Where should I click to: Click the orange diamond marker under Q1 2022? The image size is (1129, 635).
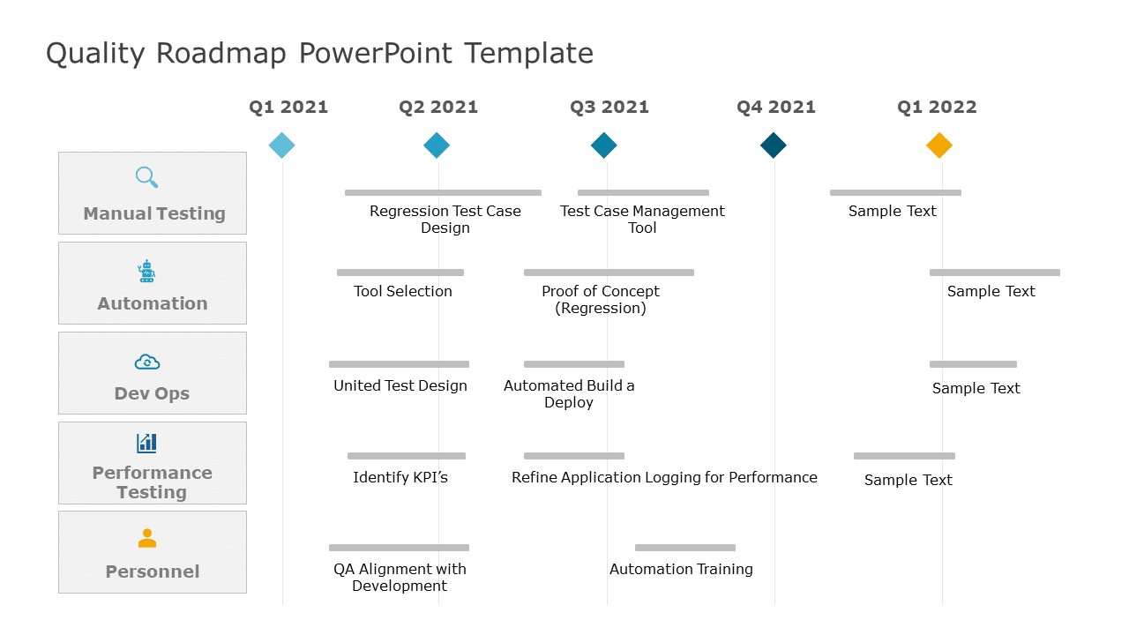(939, 146)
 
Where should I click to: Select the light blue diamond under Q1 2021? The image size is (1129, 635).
(281, 146)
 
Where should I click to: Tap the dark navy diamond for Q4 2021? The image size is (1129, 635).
(774, 146)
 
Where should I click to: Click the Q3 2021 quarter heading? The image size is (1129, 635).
(609, 108)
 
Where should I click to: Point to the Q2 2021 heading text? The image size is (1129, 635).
(437, 108)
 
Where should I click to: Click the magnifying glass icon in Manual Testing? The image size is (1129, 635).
(147, 177)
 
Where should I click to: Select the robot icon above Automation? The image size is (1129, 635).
(146, 271)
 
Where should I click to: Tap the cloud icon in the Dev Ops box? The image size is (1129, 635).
(147, 362)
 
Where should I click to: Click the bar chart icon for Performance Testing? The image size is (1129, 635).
(146, 443)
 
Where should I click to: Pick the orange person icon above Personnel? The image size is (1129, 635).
(147, 538)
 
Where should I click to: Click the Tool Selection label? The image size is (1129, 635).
(403, 291)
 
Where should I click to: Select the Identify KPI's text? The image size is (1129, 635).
(400, 477)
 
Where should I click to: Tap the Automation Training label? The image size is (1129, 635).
(681, 569)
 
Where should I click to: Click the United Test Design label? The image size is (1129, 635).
(400, 385)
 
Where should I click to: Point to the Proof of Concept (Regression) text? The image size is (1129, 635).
(601, 299)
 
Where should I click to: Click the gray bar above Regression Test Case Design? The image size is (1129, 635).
(443, 192)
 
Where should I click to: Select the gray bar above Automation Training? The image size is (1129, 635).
(685, 548)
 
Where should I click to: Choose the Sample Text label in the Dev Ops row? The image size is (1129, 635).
(976, 388)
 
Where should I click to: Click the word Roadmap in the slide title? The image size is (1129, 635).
(221, 53)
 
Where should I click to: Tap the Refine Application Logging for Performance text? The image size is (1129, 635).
(664, 477)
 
